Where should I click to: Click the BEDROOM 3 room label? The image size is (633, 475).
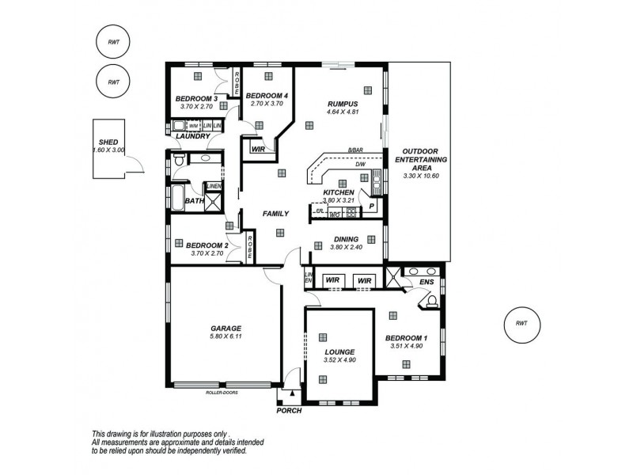click(x=196, y=98)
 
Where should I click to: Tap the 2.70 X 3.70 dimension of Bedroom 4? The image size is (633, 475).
click(x=266, y=104)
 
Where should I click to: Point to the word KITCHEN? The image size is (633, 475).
click(x=338, y=192)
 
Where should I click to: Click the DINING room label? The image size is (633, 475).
click(x=346, y=238)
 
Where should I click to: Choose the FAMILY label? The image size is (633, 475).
click(x=275, y=214)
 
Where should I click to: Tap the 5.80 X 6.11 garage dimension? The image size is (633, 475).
click(x=226, y=336)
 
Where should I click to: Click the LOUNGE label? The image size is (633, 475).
click(x=339, y=351)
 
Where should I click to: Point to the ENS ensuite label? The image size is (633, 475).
click(x=426, y=281)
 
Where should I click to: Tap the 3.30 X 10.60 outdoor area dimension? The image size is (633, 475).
click(x=425, y=175)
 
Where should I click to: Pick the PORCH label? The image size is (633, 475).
click(x=289, y=412)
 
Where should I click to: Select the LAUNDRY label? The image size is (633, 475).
click(x=193, y=136)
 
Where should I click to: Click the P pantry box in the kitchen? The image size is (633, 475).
click(x=371, y=207)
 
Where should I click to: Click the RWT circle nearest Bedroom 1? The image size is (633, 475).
click(x=521, y=323)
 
